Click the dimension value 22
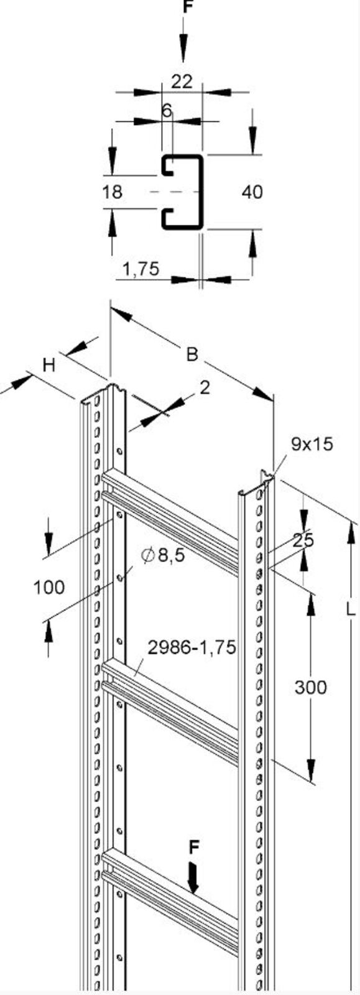coord(182,81)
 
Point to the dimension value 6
coord(166,111)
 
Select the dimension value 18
coord(113,192)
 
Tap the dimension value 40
coord(252,192)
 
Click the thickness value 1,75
coord(141,269)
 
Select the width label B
coord(192,354)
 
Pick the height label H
coord(49,365)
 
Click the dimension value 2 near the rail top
coord(205,387)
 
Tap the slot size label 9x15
coord(312,443)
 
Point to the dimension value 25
coord(303,540)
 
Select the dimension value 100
coord(48,586)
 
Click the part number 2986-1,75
coord(192,647)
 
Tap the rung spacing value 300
coord(310,687)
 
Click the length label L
coord(351,609)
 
